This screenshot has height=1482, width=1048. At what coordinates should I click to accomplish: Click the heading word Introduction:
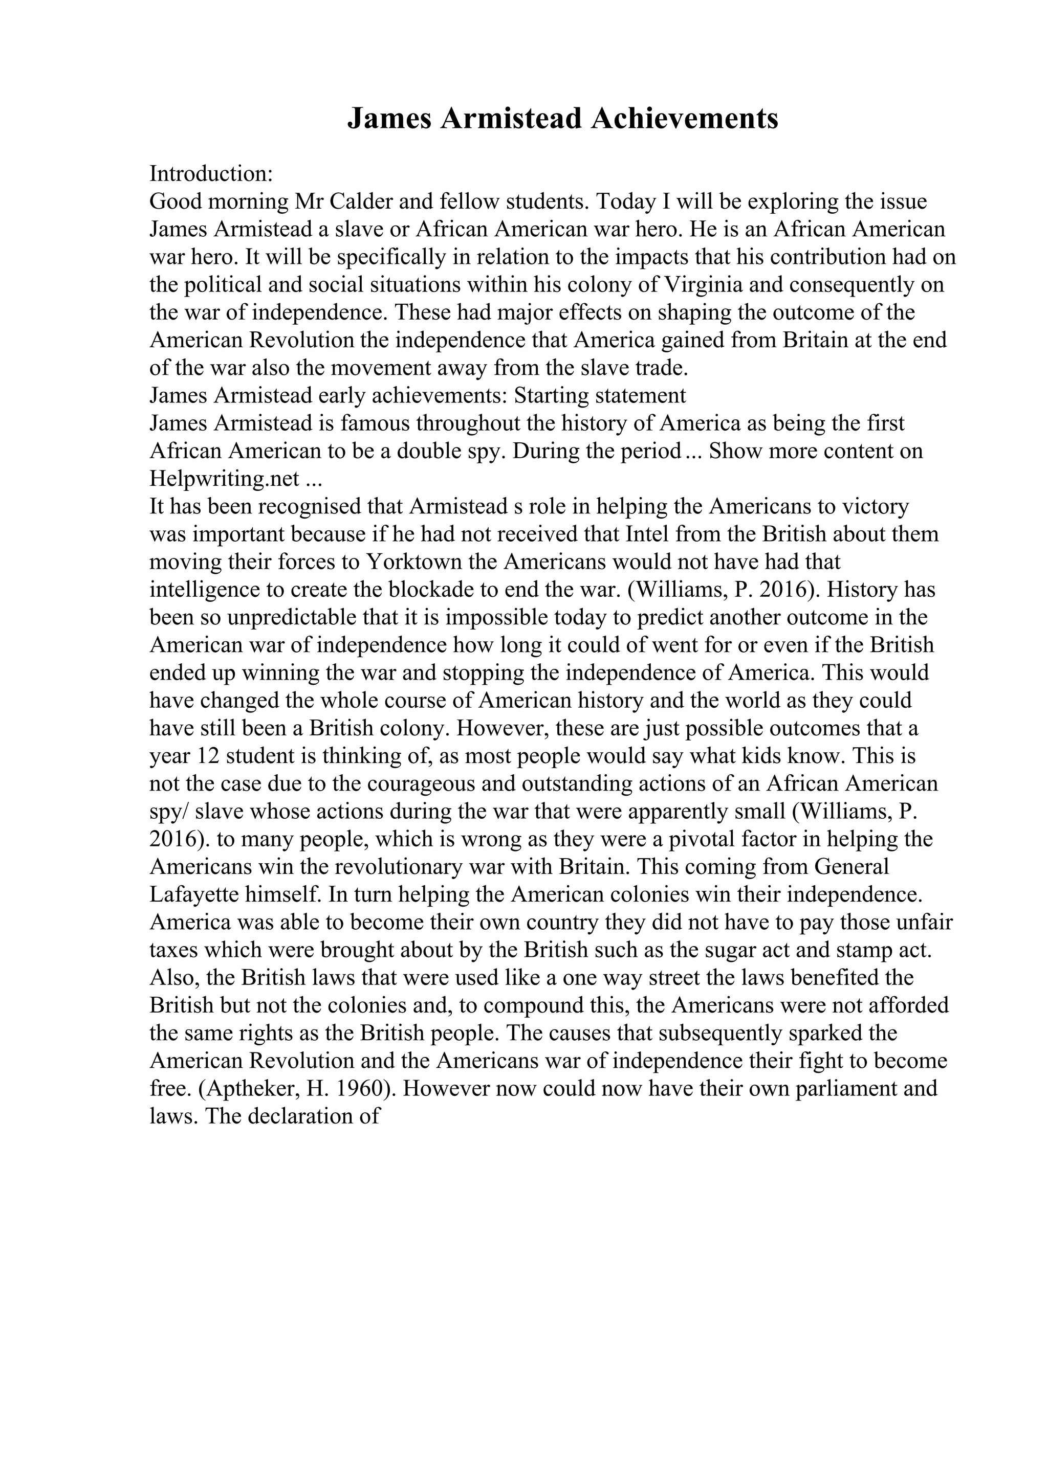click(x=212, y=174)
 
